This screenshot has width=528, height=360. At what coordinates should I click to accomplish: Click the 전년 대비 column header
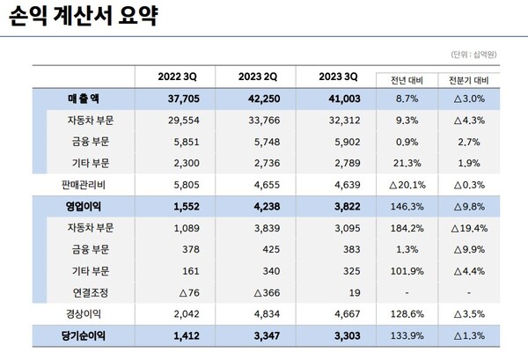point(404,79)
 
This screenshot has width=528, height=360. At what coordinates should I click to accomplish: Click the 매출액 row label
point(84,99)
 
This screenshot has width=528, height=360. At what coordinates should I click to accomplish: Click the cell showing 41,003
point(337,99)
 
